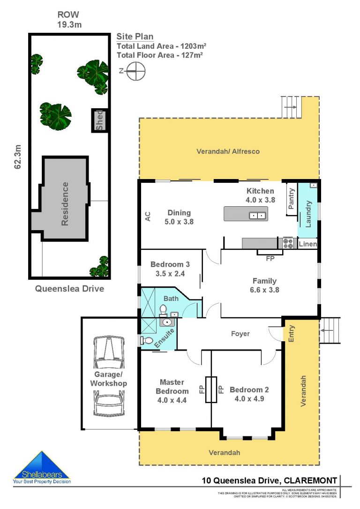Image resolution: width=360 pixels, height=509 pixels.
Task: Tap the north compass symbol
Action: coord(135,72)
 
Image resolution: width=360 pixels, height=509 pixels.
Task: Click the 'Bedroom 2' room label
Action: coord(249,390)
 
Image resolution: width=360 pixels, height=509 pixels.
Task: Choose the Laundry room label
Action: coord(308,214)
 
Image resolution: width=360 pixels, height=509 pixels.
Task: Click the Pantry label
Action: coord(292,199)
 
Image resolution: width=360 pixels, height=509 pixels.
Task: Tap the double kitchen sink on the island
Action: coord(257,216)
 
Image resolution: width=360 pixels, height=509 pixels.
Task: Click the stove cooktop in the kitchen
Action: coord(288,243)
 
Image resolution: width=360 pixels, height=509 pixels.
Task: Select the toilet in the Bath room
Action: coord(163,310)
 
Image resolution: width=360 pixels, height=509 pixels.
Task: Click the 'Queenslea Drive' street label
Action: coord(69,289)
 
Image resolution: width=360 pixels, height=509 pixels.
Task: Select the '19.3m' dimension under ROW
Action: coord(69,25)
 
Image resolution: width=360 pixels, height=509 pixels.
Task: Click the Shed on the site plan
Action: coord(99,120)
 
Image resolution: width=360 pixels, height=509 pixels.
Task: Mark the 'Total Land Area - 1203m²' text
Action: coord(161,46)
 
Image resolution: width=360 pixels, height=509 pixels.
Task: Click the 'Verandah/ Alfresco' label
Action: coord(228,151)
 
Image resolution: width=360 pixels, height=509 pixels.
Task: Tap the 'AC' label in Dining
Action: coord(147,217)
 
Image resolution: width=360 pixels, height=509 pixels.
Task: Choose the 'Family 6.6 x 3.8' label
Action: coord(264,285)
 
